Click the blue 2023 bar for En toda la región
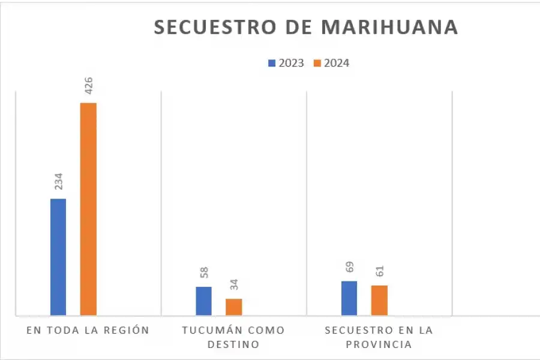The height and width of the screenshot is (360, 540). pyautogui.click(x=58, y=257)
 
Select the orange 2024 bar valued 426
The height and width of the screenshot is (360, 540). pyautogui.click(x=88, y=209)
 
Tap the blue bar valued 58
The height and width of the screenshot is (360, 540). pyautogui.click(x=203, y=301)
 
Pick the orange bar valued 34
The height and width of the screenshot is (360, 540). pyautogui.click(x=233, y=307)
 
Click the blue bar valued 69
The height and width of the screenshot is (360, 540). pyautogui.click(x=349, y=298)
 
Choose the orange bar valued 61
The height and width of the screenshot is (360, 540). pyautogui.click(x=379, y=300)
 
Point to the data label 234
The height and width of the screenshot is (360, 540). pyautogui.click(x=59, y=181)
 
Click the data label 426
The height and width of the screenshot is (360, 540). pyautogui.click(x=89, y=85)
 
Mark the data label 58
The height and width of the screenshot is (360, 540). pyautogui.click(x=204, y=274)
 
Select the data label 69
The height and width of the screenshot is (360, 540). pyautogui.click(x=350, y=268)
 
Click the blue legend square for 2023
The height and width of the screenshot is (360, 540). pyautogui.click(x=272, y=63)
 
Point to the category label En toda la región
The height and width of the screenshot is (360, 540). pyautogui.click(x=88, y=331)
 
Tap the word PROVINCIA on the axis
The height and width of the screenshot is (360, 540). pyautogui.click(x=379, y=344)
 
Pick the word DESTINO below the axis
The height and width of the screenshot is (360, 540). pyautogui.click(x=233, y=344)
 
